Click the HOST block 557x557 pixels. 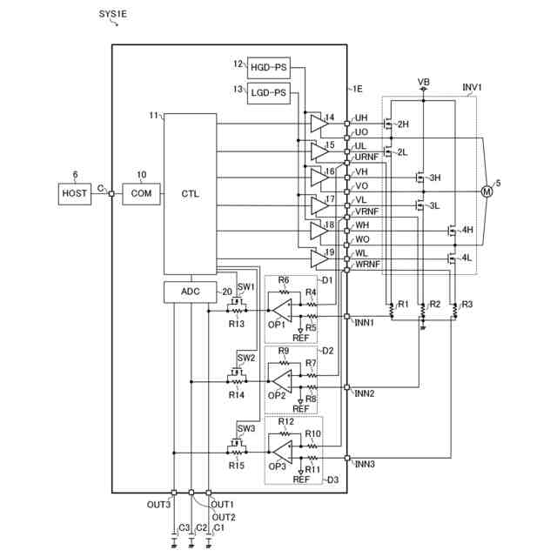tap(75, 193)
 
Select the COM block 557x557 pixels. tap(136, 193)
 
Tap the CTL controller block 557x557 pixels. tap(190, 193)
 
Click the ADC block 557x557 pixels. tap(190, 292)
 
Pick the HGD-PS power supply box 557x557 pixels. tap(267, 67)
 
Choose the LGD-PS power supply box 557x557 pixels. tap(267, 92)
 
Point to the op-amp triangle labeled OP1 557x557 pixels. tap(280, 310)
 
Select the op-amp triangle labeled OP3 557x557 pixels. tap(280, 452)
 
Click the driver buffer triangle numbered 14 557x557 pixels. tap(314, 124)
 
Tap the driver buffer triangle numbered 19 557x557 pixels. tap(314, 258)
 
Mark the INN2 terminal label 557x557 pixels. tap(364, 393)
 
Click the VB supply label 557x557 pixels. tap(423, 82)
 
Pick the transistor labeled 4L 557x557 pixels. tap(453, 258)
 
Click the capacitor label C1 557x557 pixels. tap(218, 528)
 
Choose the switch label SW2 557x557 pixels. tap(246, 358)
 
